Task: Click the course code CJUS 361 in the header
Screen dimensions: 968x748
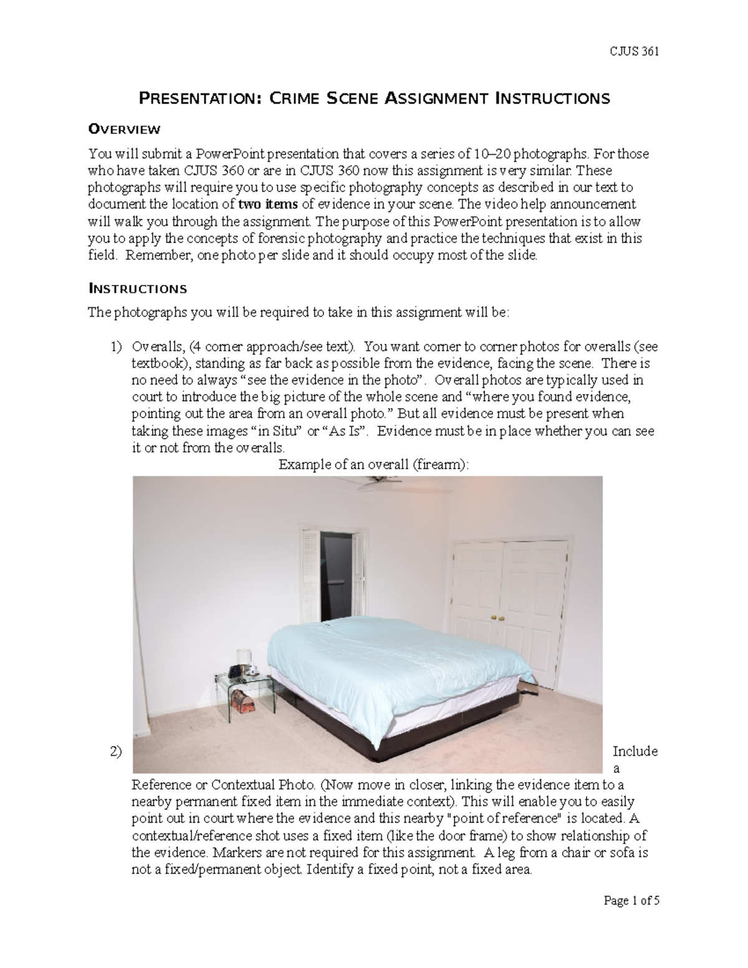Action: coord(634,52)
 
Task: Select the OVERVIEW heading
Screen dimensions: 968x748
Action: coord(124,130)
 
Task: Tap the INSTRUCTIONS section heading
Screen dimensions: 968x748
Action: coord(137,289)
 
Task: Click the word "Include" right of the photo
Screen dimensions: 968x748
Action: coord(635,751)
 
